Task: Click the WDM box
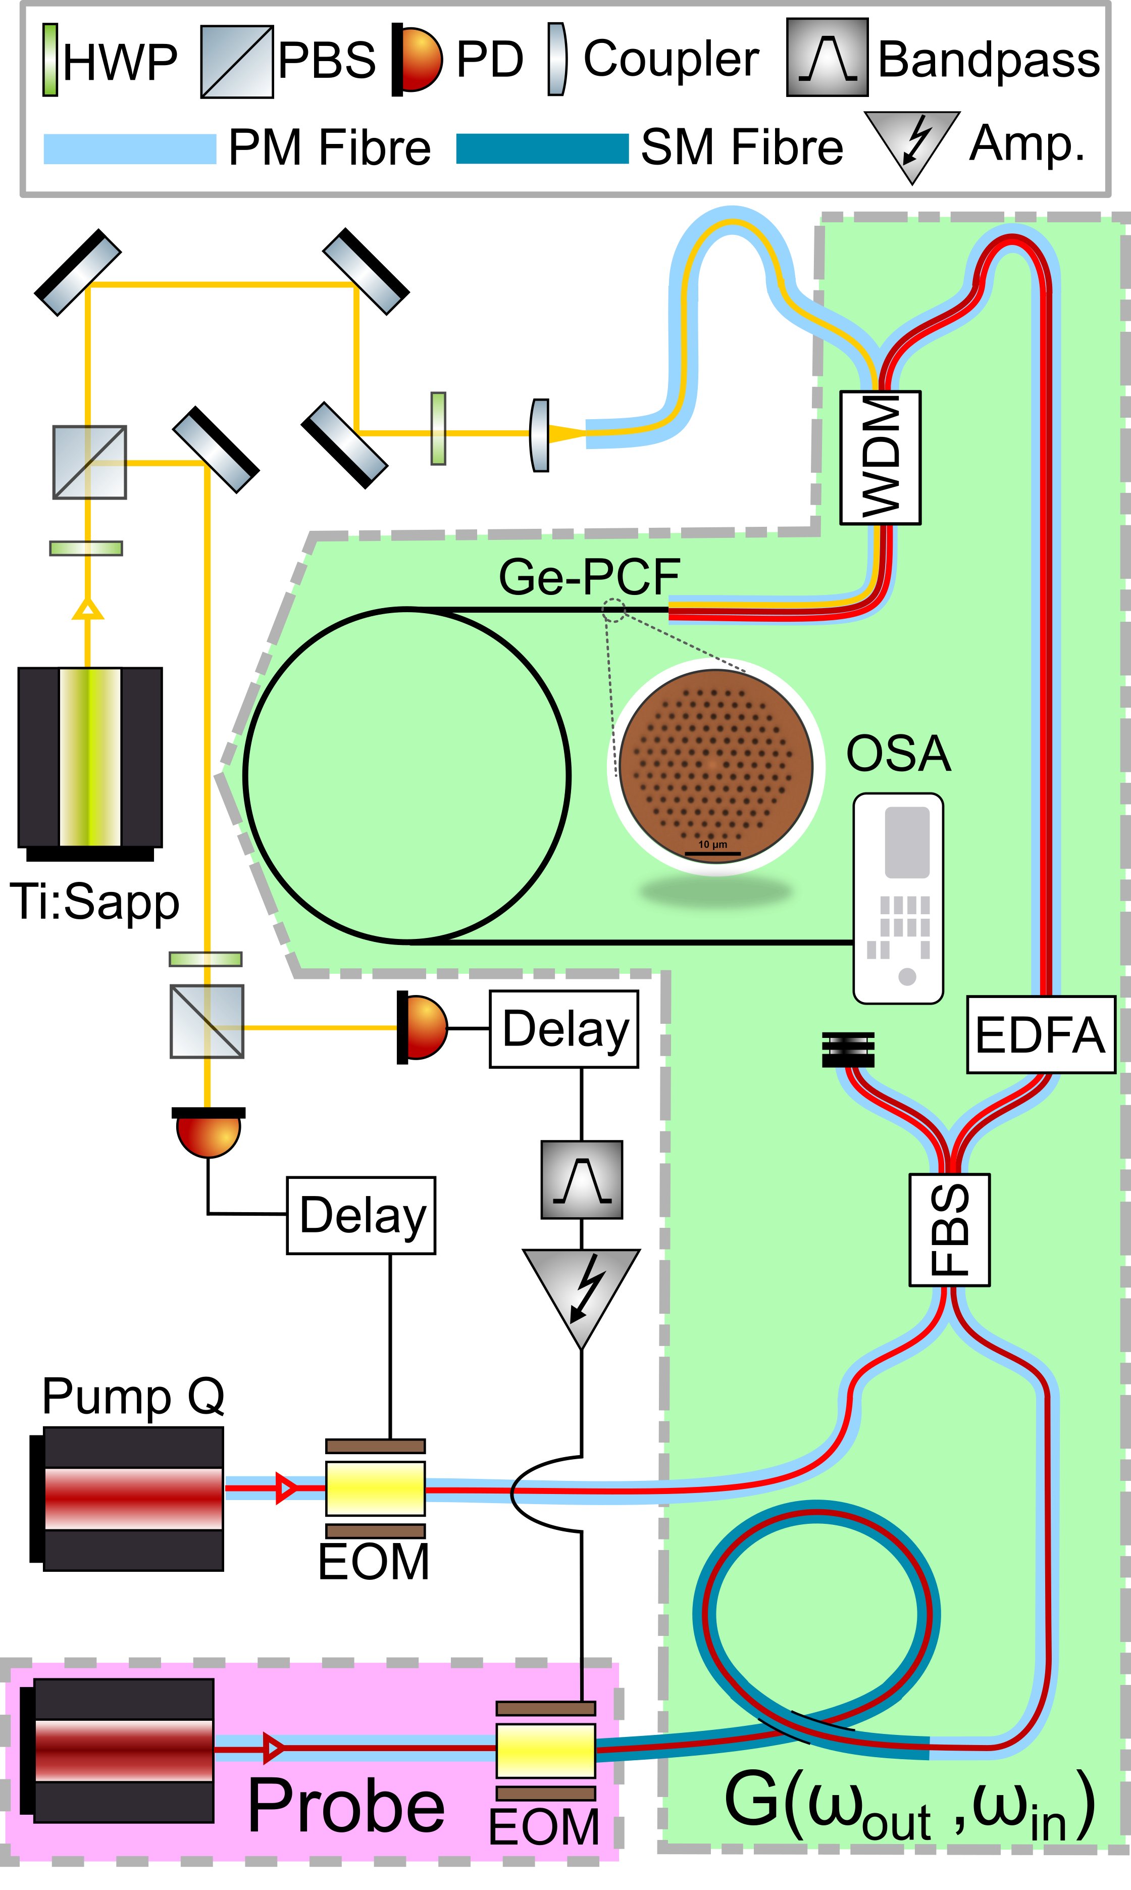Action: (880, 458)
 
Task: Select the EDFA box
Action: (1040, 1034)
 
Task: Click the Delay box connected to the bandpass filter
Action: (564, 1029)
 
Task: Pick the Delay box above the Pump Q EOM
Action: (361, 1215)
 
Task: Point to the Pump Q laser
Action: (133, 1499)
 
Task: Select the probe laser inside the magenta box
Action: (124, 1751)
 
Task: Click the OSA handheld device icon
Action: (899, 898)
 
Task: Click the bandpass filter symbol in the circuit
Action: (582, 1179)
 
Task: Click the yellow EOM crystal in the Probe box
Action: (546, 1751)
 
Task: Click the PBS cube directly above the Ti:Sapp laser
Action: (89, 462)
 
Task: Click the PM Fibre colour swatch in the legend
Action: (130, 148)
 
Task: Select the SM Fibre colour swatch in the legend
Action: (542, 148)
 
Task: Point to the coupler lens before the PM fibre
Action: (540, 434)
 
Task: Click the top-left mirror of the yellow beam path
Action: (78, 272)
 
